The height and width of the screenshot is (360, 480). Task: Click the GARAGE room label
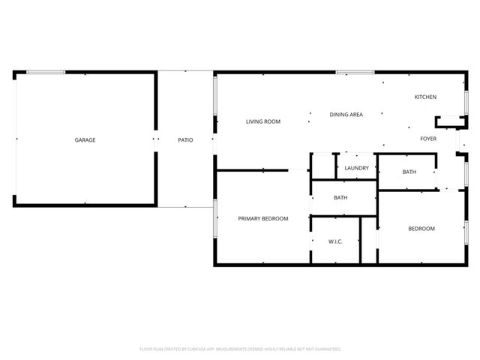pyautogui.click(x=85, y=139)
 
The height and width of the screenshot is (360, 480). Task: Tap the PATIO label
pyautogui.click(x=185, y=139)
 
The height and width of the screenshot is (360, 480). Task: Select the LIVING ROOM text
pyautogui.click(x=263, y=121)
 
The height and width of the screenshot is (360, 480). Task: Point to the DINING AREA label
pyautogui.click(x=346, y=114)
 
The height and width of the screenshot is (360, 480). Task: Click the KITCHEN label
pyautogui.click(x=425, y=97)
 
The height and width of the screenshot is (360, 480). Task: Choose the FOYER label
pyautogui.click(x=428, y=139)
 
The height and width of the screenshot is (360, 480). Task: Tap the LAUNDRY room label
pyautogui.click(x=356, y=168)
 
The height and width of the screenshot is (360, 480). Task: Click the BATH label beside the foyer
pyautogui.click(x=409, y=172)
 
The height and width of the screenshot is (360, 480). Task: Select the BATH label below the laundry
pyautogui.click(x=340, y=198)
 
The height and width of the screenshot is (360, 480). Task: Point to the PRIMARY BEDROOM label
pyautogui.click(x=263, y=218)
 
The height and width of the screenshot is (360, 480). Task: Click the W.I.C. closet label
pyautogui.click(x=335, y=241)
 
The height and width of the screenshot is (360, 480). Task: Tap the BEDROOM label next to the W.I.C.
pyautogui.click(x=421, y=229)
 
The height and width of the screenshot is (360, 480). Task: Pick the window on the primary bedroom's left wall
pyautogui.click(x=215, y=217)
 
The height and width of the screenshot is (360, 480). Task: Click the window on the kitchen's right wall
pyautogui.click(x=466, y=101)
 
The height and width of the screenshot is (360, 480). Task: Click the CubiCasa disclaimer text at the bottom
pyautogui.click(x=240, y=349)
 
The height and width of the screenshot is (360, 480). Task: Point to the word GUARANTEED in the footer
pyautogui.click(x=328, y=349)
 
